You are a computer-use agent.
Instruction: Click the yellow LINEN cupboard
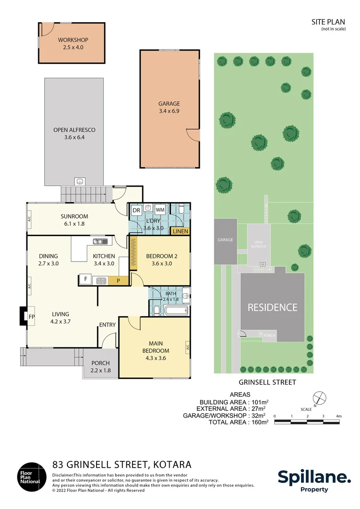(x=180, y=231)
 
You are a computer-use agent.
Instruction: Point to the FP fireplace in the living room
(x=31, y=316)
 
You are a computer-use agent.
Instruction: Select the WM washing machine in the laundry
(x=160, y=209)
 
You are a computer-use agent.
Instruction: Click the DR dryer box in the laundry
(x=136, y=210)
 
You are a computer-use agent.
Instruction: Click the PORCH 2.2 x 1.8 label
(x=100, y=367)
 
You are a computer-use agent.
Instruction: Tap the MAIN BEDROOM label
(x=155, y=347)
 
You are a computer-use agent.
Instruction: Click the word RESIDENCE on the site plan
(x=272, y=307)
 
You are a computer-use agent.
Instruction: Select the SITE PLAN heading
(x=328, y=22)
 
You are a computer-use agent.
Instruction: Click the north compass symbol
(x=319, y=398)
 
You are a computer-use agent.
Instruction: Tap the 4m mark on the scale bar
(x=338, y=416)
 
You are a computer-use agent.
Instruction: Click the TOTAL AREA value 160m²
(x=260, y=422)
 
